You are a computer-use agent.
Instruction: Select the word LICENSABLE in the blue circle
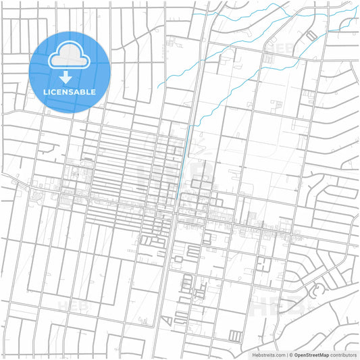point(69,92)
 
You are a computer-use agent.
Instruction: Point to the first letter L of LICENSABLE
point(45,92)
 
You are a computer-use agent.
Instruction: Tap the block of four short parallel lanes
point(235,336)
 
